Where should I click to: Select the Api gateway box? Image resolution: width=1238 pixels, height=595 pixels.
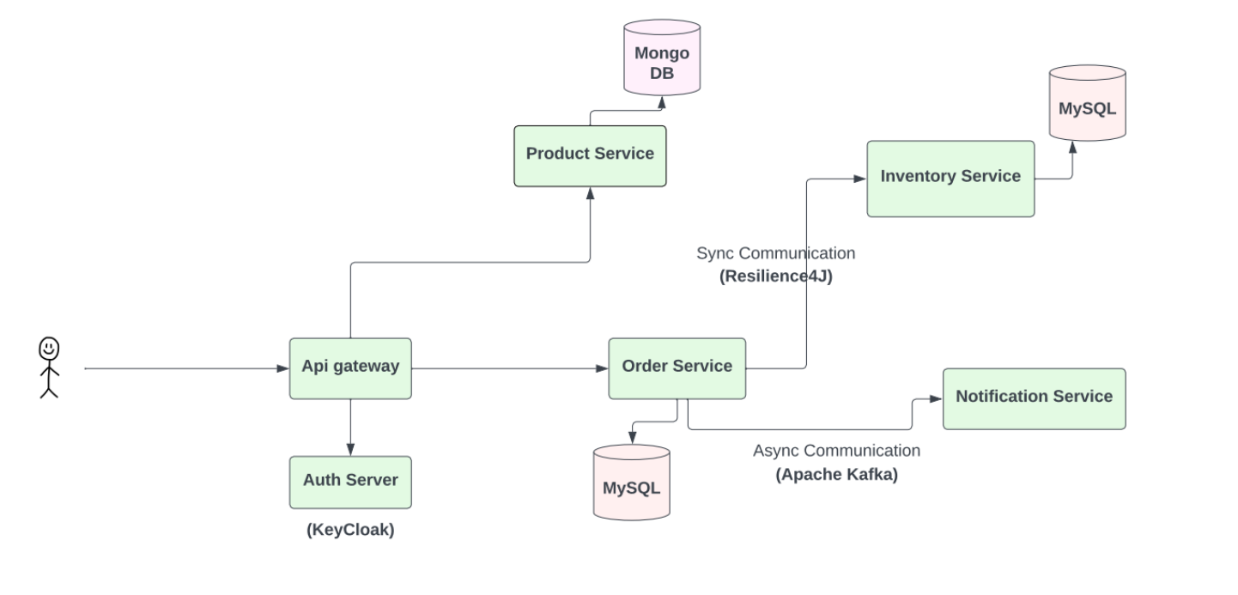[x=350, y=367]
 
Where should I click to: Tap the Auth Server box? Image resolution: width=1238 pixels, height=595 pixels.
[x=350, y=482]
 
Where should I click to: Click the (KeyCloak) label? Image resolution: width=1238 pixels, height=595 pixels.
[x=350, y=530]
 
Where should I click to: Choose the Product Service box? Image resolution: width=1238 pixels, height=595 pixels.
[x=590, y=155]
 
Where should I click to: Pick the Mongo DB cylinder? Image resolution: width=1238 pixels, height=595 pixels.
[x=661, y=57]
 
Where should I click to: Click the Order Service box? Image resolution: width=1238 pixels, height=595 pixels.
[x=677, y=367]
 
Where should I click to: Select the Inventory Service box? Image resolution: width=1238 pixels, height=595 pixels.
[x=950, y=178]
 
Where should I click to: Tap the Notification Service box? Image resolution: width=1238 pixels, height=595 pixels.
[x=1034, y=398]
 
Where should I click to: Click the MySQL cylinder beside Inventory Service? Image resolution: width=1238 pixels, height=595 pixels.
[x=1087, y=103]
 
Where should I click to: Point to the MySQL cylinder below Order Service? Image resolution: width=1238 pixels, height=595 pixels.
[x=631, y=483]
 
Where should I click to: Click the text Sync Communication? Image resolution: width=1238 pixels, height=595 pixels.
[x=775, y=253]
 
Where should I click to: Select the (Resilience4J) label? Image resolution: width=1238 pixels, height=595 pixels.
[x=775, y=276]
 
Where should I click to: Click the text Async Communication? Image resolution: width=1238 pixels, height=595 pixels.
[x=836, y=451]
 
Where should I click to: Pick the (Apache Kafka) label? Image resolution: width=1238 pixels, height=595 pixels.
[x=836, y=474]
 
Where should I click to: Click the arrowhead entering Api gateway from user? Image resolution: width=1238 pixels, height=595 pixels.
[x=283, y=368]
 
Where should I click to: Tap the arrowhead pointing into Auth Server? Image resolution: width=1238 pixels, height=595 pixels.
[x=350, y=450]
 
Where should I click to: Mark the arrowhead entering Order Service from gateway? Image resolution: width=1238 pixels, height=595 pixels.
[x=603, y=368]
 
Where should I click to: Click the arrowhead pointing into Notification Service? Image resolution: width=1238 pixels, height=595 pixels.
[x=937, y=399]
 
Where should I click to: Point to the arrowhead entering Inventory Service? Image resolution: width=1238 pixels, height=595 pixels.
[x=861, y=179]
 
